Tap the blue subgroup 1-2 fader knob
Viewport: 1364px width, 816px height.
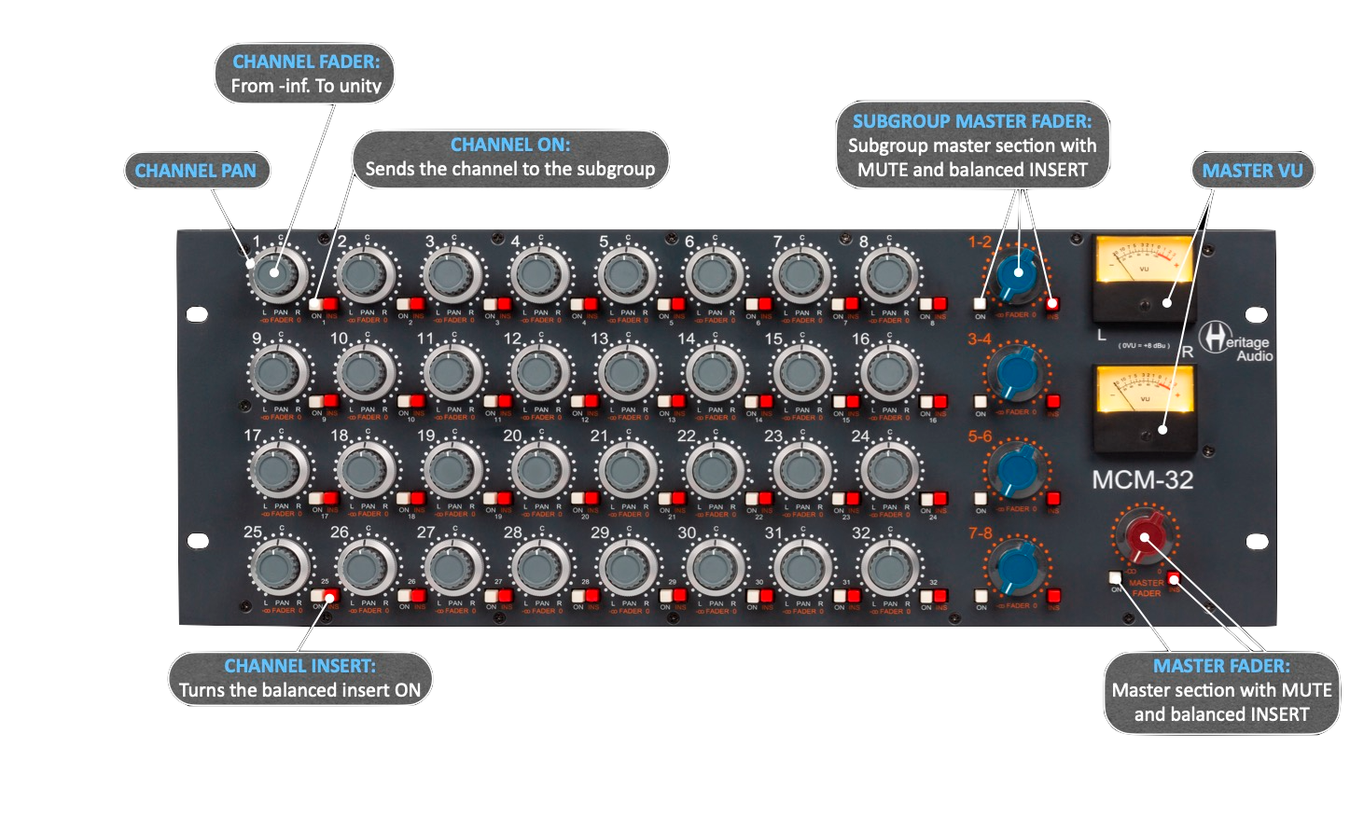pyautogui.click(x=1017, y=274)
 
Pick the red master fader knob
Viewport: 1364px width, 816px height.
pyautogui.click(x=1145, y=539)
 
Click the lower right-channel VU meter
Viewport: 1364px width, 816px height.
pyautogui.click(x=1144, y=404)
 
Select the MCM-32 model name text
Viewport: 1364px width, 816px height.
pyautogui.click(x=1142, y=480)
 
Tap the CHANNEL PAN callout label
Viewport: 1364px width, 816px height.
pyautogui.click(x=195, y=171)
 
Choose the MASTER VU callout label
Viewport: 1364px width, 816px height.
pyautogui.click(x=1252, y=171)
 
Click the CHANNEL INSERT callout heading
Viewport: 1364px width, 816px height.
pyautogui.click(x=299, y=666)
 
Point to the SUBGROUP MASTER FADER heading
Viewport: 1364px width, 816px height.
pyautogui.click(x=971, y=121)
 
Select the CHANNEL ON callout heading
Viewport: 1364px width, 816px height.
pyautogui.click(x=509, y=145)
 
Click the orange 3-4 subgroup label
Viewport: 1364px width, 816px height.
pyautogui.click(x=979, y=339)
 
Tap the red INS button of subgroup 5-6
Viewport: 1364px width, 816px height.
pyautogui.click(x=1053, y=499)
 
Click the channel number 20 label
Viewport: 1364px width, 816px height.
pyautogui.click(x=512, y=436)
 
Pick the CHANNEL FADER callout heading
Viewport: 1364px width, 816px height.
pyautogui.click(x=306, y=62)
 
